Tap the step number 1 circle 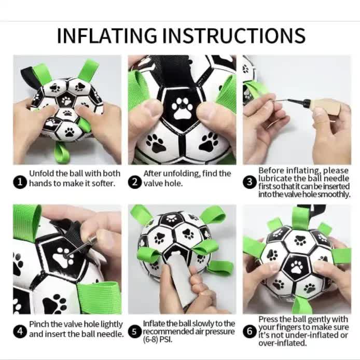click(20, 182)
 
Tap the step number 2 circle click(135, 182)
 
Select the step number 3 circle click(250, 182)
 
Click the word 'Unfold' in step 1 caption click(41, 173)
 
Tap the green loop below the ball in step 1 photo click(61, 154)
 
